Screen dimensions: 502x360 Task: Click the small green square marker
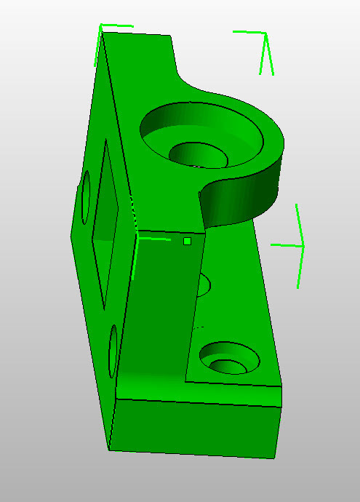187,241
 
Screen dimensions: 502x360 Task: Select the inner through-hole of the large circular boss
195,154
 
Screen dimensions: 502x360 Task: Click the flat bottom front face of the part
196,429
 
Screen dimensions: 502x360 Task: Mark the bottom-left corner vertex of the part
108,449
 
